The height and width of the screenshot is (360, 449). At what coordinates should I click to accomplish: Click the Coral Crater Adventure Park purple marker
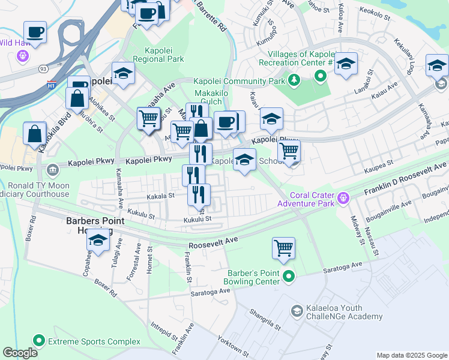click(x=343, y=196)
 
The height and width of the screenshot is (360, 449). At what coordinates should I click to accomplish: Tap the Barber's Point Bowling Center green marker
click(x=289, y=276)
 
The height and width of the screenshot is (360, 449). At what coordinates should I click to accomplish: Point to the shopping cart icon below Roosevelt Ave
click(x=283, y=248)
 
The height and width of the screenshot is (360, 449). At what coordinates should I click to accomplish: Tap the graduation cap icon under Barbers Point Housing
click(x=98, y=242)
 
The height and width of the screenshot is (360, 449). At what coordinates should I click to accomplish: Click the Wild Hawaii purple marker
click(x=23, y=56)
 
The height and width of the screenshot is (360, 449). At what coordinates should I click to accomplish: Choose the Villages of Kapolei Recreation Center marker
click(x=321, y=76)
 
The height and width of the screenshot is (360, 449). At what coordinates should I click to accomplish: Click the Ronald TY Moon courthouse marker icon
click(x=53, y=171)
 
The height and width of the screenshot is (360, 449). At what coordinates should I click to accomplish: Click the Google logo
click(x=20, y=353)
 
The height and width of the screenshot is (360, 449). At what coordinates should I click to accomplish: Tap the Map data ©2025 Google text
click(x=411, y=355)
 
